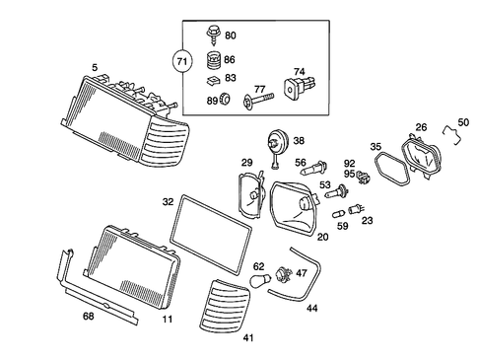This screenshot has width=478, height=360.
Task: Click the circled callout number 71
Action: pos(181,62)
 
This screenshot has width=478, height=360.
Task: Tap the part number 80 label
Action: pos(230,36)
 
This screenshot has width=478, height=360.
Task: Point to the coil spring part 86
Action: pos(209,58)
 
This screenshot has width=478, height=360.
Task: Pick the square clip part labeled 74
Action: pos(295,87)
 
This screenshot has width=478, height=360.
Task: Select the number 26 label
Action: pos(421,126)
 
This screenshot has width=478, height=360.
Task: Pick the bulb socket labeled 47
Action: pos(284,274)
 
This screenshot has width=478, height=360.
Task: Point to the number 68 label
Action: pos(88,317)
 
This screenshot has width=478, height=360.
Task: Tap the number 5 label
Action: pos(95,67)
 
